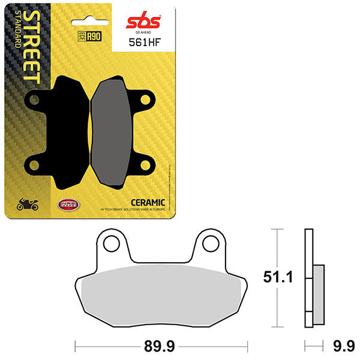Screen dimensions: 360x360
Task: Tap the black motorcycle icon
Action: [x=28, y=205]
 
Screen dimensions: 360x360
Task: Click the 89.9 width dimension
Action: [x=160, y=346]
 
